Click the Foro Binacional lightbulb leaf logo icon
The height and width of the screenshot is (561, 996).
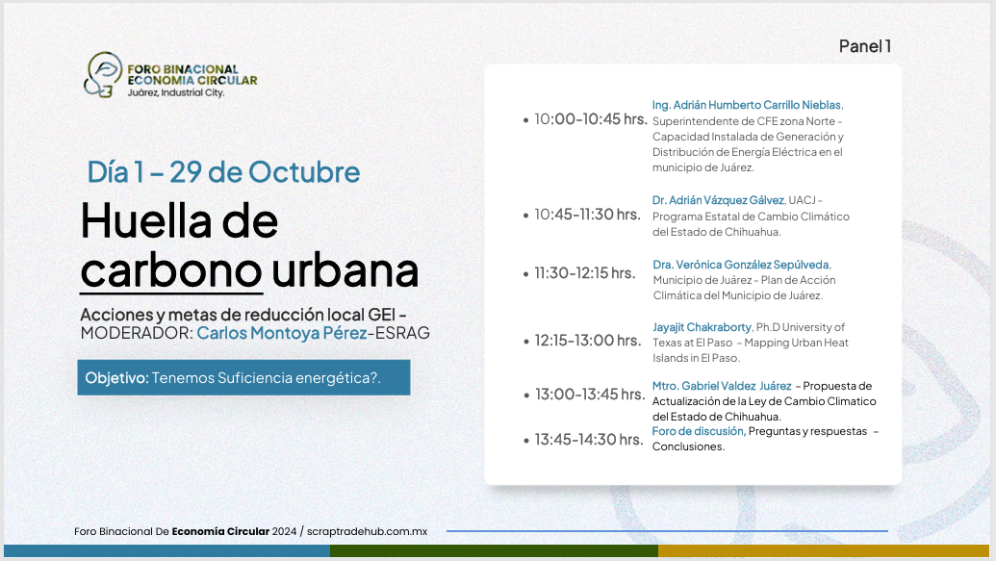coord(102,75)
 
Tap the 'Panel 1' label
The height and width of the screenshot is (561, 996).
coord(865,46)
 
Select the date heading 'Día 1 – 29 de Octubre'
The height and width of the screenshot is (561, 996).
coord(223,172)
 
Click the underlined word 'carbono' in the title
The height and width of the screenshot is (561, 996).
coord(171,271)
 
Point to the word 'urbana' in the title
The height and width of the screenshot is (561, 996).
coord(345,270)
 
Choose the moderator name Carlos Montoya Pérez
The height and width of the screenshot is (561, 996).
coord(282,333)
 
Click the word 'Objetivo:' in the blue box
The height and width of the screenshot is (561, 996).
coord(116,378)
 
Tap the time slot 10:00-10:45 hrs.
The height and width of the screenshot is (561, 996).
coord(591,119)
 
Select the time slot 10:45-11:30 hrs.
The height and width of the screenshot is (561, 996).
coord(587,215)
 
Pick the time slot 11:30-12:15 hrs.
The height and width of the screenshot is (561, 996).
coord(584,273)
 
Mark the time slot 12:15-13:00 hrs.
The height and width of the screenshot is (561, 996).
coord(588,341)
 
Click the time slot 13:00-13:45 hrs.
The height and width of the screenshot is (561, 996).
coord(590,395)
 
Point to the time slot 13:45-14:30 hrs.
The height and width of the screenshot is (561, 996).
coord(589,440)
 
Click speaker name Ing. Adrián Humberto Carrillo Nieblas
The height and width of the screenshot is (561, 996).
coord(747,106)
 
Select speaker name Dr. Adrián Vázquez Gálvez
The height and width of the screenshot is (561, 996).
coord(718,201)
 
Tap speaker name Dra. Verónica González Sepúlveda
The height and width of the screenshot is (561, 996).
coord(741,265)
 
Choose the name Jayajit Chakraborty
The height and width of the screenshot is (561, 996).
coord(702,328)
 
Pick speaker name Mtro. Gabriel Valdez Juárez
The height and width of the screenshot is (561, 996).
coord(722,386)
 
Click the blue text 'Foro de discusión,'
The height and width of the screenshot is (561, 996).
coord(699,431)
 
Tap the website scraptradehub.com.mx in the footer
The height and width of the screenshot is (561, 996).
coord(368,532)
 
